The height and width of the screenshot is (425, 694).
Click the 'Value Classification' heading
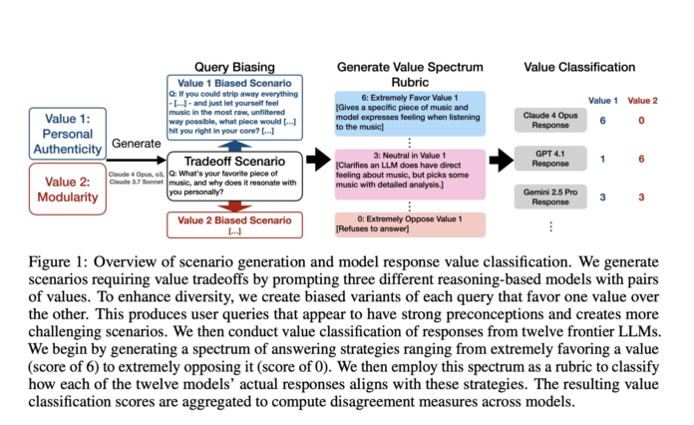coord(578,67)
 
